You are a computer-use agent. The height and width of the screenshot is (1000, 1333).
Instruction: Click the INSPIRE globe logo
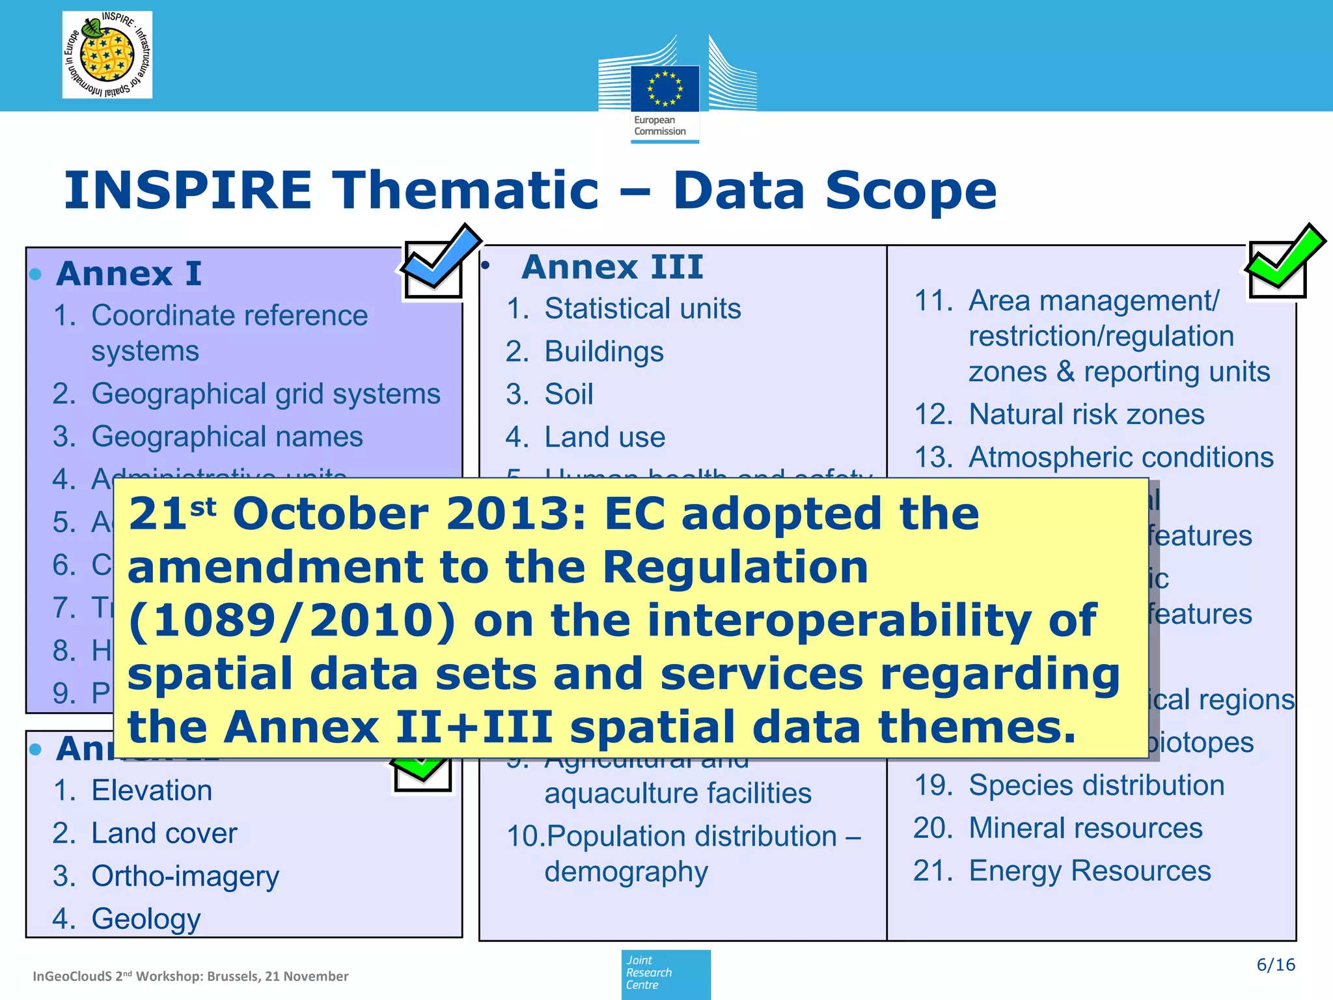pos(107,55)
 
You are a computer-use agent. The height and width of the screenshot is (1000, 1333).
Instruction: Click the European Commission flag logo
pos(665,89)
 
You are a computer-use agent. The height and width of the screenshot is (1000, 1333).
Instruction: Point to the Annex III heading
pos(612,267)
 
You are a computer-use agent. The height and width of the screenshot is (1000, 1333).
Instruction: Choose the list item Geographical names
pos(227,436)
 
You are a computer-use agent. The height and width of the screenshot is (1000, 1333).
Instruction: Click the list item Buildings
pos(603,352)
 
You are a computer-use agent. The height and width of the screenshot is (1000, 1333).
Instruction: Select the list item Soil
pos(568,395)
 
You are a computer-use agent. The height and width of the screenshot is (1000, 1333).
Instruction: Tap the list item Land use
pos(604,437)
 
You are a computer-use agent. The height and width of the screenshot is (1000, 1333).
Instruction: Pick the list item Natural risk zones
pos(1086,415)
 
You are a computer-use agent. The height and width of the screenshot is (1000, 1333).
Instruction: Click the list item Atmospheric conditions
pos(1120,457)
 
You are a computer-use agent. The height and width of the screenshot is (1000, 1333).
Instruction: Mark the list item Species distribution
pos(1096,785)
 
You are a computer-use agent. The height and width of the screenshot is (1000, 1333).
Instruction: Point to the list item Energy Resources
pos(1089,871)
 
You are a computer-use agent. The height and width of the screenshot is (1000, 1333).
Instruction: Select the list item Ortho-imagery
pos(185,876)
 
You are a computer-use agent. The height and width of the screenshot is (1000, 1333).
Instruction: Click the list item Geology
pos(146,919)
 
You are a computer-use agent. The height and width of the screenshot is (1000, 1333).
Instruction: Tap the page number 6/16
pos(1275,965)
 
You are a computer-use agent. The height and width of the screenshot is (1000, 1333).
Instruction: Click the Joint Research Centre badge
pos(665,974)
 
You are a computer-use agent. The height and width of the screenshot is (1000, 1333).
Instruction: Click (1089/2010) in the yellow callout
pos(292,620)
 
